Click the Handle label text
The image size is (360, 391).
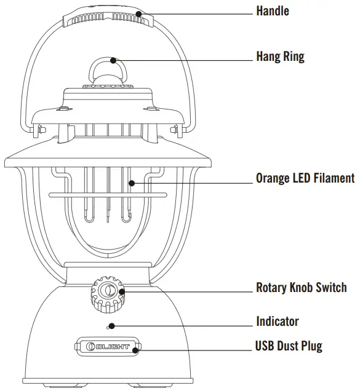click(273, 11)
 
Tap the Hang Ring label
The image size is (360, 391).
click(280, 57)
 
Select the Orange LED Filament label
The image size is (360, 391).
click(305, 178)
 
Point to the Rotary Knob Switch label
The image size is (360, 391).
click(301, 287)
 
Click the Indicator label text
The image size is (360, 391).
click(278, 321)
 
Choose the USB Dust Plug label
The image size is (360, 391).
click(289, 346)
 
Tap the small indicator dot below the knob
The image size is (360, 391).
click(111, 326)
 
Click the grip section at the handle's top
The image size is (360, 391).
click(108, 17)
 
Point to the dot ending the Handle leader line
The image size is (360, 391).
click(140, 13)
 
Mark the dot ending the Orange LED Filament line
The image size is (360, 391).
click(131, 182)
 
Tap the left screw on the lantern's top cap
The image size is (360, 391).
click(64, 111)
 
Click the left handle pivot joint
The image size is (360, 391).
click(37, 130)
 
